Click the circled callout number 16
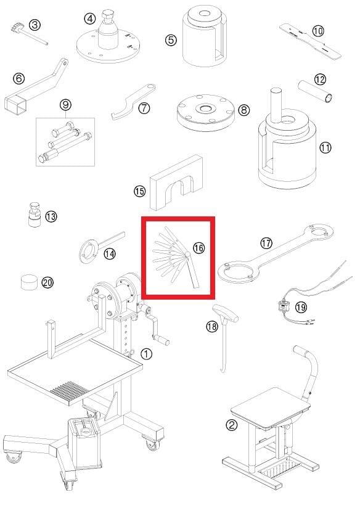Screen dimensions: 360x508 (198, 248)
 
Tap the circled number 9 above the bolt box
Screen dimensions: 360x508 (65, 105)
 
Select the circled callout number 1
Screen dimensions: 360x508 (147, 354)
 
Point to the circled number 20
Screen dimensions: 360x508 (47, 283)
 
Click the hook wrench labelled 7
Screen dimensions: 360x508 (133, 101)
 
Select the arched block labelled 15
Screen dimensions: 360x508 (177, 182)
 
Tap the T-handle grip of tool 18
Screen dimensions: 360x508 (225, 313)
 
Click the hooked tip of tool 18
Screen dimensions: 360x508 (223, 369)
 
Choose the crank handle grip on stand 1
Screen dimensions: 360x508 (161, 340)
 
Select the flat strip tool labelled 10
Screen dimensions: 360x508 (311, 41)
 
